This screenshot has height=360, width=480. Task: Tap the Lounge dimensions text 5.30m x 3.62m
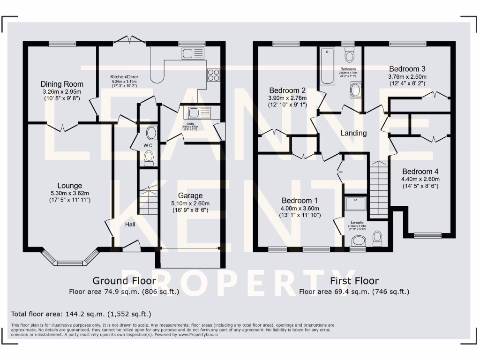(x=69, y=193)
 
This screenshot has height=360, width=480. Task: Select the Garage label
(x=190, y=195)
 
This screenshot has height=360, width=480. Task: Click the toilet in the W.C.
(x=149, y=159)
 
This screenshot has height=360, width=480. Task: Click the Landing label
(x=353, y=133)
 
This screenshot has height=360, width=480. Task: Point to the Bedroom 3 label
(x=407, y=69)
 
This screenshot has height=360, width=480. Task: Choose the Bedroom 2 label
(x=287, y=90)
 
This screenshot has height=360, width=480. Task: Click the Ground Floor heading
(x=117, y=281)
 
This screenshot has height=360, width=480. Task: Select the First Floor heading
(x=354, y=281)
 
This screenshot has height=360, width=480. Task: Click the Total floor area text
(x=81, y=314)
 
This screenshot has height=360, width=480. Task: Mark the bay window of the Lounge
(x=71, y=261)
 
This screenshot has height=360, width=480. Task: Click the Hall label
(x=130, y=225)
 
